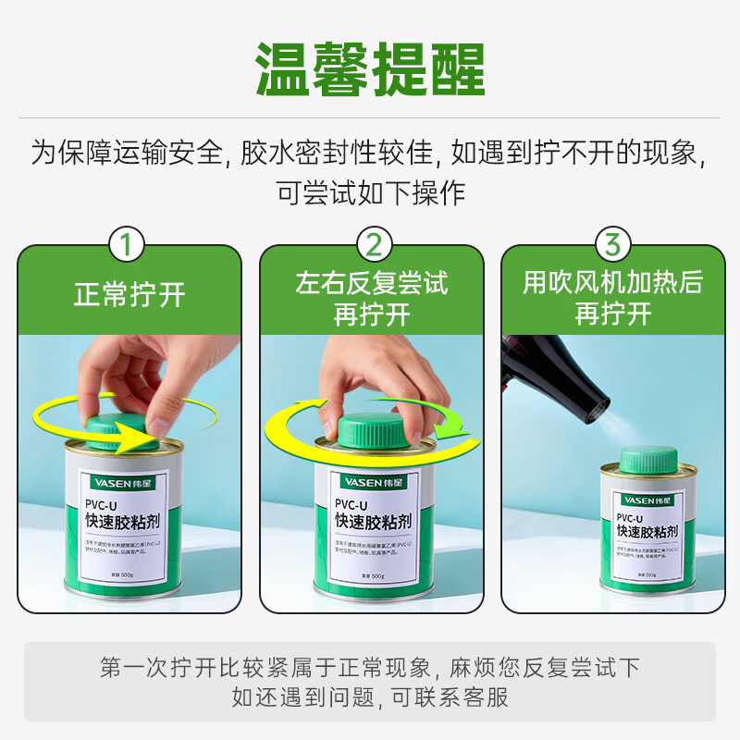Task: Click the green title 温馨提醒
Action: [x=370, y=70]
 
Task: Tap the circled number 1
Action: [x=128, y=244]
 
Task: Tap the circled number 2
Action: [x=373, y=244]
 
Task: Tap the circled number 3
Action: [x=612, y=244]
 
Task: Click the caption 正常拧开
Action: [x=129, y=295]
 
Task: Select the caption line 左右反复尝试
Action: [x=372, y=283]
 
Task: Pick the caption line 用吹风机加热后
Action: [x=612, y=283]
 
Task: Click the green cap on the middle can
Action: [x=371, y=431]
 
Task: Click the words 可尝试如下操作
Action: [x=371, y=193]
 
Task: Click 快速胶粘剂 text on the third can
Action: [x=647, y=532]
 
